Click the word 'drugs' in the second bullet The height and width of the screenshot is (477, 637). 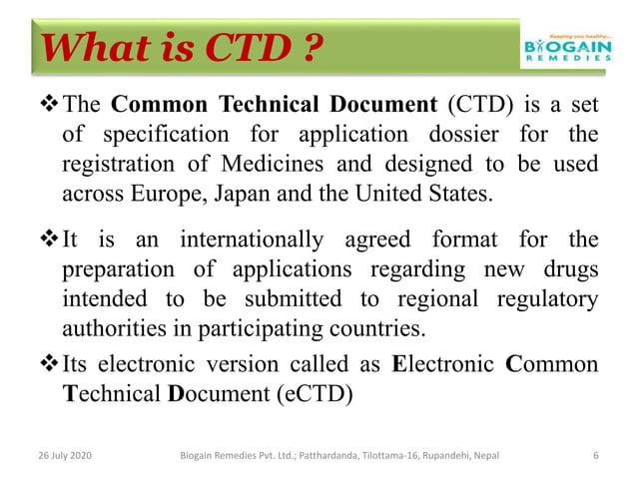click(x=569, y=270)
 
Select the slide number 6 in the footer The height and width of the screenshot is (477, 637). click(x=596, y=456)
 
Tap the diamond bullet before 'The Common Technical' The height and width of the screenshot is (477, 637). click(x=48, y=104)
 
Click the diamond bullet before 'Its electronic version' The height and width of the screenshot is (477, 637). click(x=48, y=363)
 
